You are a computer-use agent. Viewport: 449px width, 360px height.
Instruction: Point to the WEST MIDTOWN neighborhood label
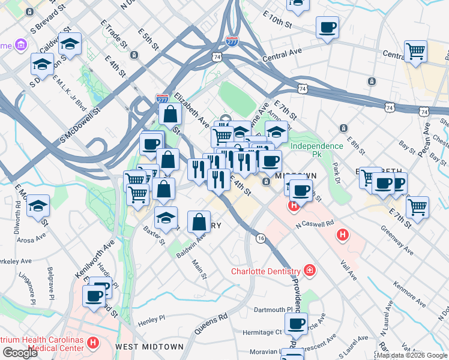(x=149, y=347)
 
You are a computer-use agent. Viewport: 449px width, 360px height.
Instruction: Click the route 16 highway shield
(x=261, y=238)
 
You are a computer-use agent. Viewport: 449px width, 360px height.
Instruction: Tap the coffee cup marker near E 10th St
(x=327, y=28)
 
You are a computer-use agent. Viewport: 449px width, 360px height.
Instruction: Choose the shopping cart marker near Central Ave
(x=415, y=52)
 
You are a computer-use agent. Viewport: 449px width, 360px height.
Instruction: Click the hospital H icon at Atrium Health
(x=92, y=343)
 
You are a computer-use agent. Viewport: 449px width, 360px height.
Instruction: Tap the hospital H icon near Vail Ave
(x=342, y=234)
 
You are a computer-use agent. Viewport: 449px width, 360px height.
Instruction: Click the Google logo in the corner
(x=20, y=353)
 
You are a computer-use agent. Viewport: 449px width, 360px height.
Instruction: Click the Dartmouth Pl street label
(x=273, y=310)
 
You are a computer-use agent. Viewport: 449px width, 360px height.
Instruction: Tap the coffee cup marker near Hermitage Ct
(x=296, y=324)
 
